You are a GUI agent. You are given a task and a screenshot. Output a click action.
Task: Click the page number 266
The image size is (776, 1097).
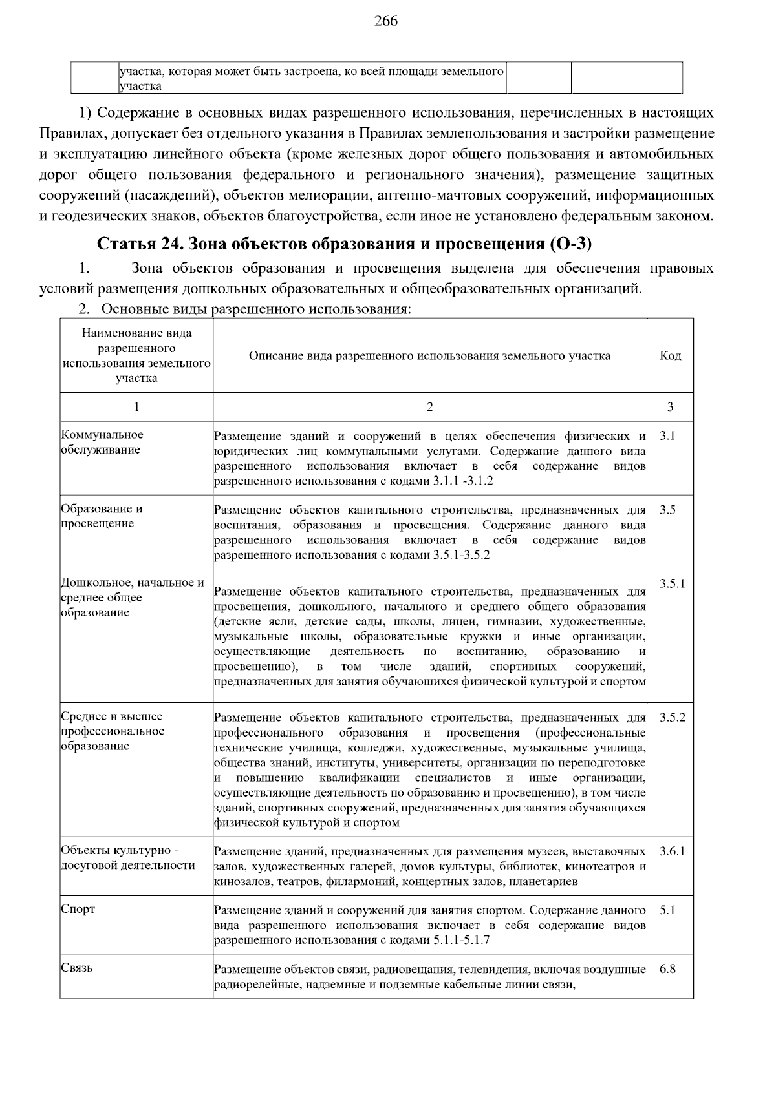tap(386, 21)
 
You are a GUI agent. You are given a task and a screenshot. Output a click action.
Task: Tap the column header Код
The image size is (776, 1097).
tap(669, 355)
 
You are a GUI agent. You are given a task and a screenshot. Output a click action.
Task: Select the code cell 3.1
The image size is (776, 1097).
tap(667, 436)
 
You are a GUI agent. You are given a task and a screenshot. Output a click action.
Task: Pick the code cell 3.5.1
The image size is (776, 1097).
tap(672, 583)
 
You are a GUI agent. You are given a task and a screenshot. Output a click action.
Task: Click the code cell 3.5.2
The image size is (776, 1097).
tap(672, 717)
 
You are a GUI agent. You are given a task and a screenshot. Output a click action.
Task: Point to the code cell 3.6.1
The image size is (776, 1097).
tap(672, 851)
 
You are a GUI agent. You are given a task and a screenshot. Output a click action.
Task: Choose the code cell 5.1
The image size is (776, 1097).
tap(667, 910)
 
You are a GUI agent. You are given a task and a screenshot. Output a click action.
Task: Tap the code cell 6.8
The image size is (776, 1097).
tap(667, 970)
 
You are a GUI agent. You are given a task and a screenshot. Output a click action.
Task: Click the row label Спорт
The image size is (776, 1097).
tap(78, 909)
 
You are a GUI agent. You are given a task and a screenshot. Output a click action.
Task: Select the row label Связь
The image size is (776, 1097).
tap(76, 968)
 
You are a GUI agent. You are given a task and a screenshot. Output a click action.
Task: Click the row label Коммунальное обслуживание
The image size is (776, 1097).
tap(102, 442)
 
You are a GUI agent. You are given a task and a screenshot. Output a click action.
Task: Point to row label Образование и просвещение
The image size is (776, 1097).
tap(102, 516)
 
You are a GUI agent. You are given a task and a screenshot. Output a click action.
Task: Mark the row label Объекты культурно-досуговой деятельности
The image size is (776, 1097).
tap(127, 858)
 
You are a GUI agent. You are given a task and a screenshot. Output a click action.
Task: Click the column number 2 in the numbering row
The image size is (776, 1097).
tap(430, 406)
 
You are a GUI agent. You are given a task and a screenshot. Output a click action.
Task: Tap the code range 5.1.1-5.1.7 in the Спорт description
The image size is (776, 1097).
tap(460, 940)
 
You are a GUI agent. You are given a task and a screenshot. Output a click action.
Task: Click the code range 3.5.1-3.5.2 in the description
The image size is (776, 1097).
tap(462, 555)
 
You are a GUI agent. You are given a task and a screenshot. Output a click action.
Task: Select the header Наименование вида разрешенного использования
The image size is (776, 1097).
tap(136, 355)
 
